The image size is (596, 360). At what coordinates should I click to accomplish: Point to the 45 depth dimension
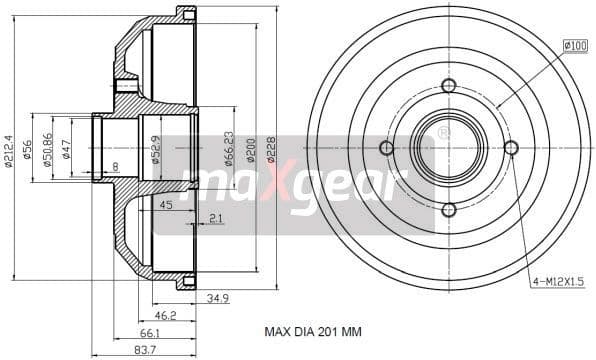(x=166, y=206)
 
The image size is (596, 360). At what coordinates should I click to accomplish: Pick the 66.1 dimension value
(x=150, y=332)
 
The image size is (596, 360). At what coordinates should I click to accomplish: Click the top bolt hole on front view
(x=448, y=85)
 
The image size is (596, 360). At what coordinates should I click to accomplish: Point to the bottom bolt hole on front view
(x=448, y=209)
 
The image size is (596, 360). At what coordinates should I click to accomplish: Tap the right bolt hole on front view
(x=511, y=148)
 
